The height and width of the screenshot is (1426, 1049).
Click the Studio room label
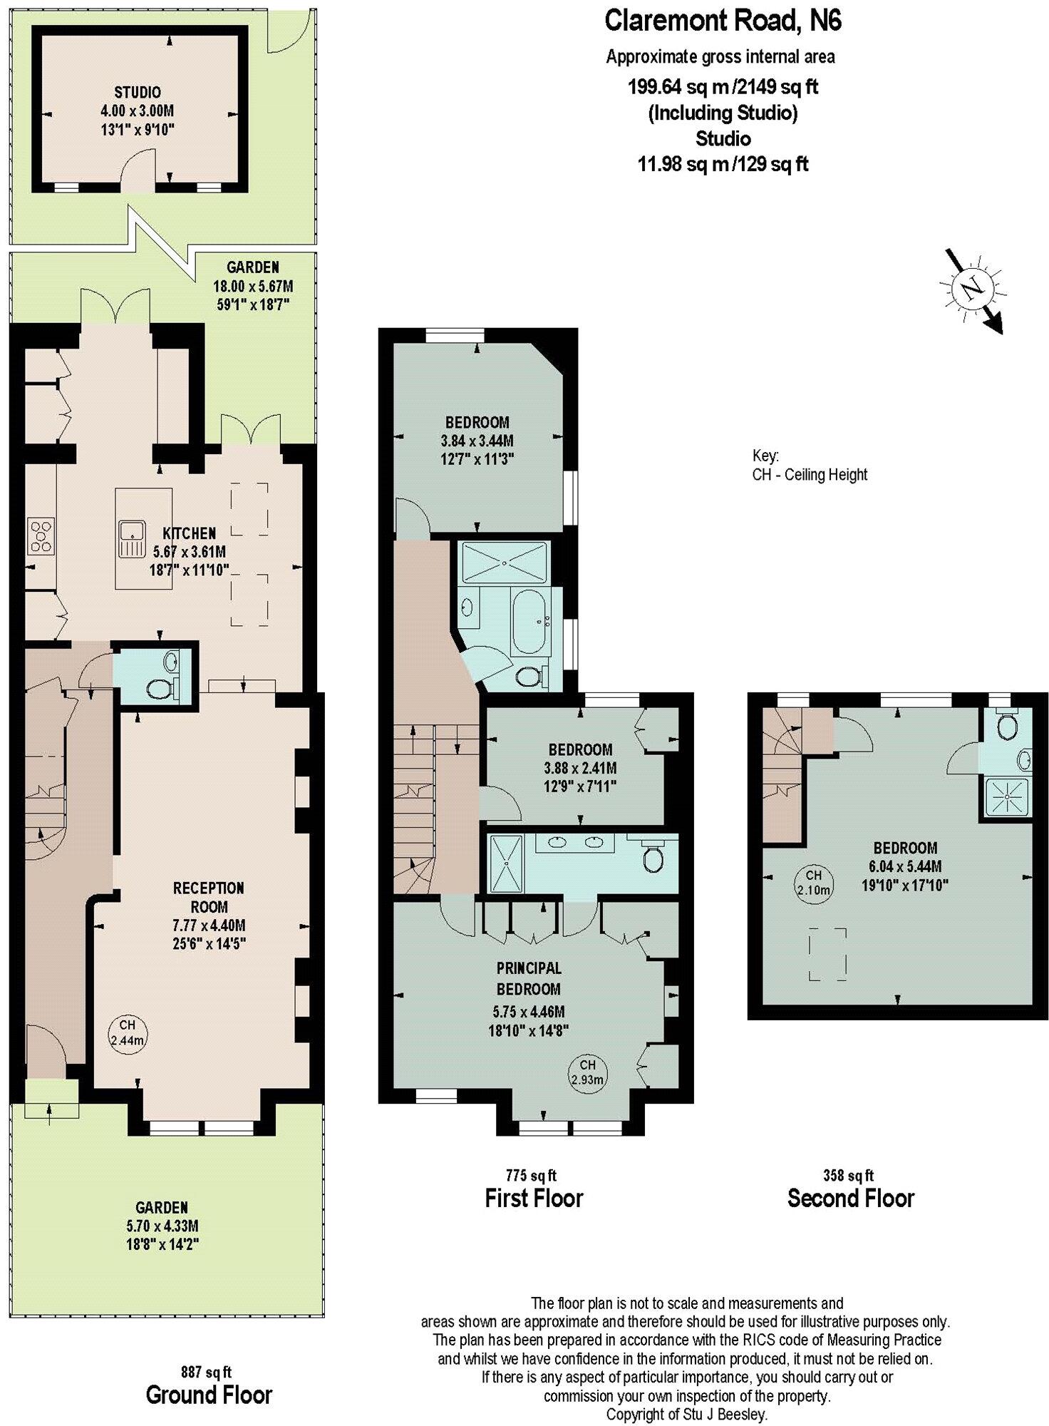[138, 93]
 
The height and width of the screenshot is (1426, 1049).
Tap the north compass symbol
[971, 288]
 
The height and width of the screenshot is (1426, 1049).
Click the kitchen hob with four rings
[41, 536]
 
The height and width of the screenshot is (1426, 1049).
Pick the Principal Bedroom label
[529, 978]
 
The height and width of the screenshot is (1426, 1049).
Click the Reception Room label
[209, 897]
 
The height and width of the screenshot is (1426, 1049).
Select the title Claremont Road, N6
[723, 21]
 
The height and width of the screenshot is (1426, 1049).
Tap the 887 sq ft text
[207, 1372]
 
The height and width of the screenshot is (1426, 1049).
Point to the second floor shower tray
[1006, 798]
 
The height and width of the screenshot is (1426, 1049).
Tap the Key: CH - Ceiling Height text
[809, 465]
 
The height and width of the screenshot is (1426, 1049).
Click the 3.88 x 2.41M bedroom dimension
[579, 768]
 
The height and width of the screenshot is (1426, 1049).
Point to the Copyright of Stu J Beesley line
[686, 1413]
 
